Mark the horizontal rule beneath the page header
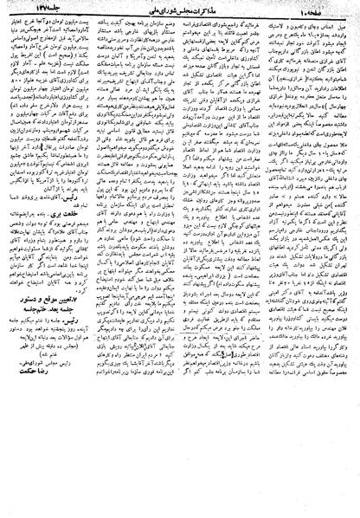(x=180, y=16)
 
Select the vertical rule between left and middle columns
(x=121, y=260)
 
